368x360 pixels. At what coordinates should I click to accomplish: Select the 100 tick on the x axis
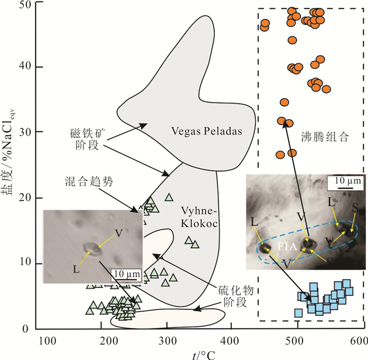(48, 340)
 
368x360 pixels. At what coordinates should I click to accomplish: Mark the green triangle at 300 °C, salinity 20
(169, 198)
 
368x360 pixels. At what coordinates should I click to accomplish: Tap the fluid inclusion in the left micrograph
(90, 247)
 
